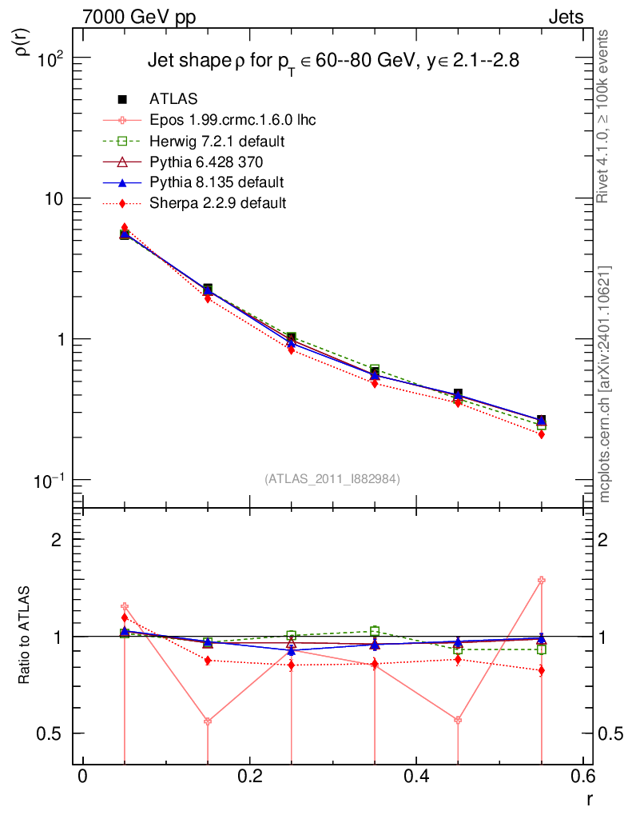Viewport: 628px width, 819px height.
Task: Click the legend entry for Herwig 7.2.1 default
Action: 217,142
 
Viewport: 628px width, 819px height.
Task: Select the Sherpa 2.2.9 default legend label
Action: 217,203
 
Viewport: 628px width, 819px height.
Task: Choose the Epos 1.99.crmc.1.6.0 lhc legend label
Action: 233,121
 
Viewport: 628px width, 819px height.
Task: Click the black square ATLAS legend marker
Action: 123,99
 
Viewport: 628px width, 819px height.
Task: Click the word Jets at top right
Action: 565,17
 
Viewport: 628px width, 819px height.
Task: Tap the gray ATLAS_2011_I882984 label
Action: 332,478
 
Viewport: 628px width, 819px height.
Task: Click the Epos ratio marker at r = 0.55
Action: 542,580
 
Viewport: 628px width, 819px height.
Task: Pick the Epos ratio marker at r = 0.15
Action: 208,721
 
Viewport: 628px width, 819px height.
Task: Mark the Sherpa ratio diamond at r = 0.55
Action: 542,670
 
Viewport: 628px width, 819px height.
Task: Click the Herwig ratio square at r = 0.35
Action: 375,631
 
